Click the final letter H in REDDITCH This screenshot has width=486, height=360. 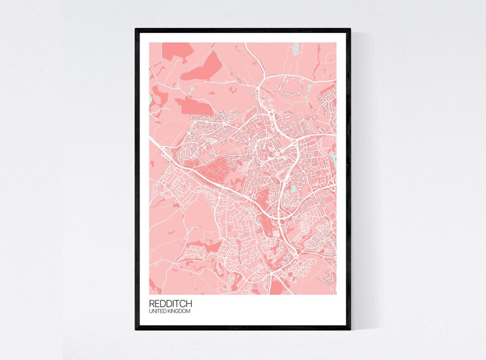pos(189,304)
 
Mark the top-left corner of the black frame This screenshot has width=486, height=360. pos(136,29)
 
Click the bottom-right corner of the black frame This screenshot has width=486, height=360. pos(351,329)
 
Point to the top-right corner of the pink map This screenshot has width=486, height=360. pos(336,43)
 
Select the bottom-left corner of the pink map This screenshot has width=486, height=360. pos(149,294)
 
